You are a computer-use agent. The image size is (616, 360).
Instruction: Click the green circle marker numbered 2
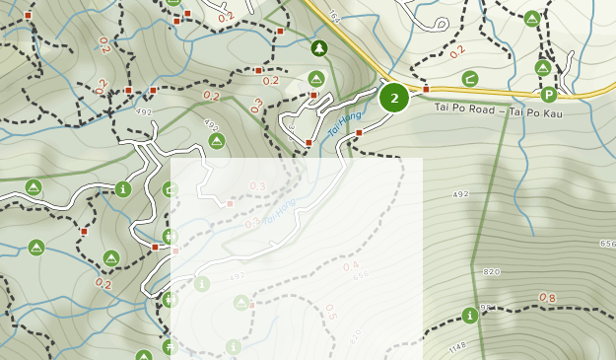click(394, 98)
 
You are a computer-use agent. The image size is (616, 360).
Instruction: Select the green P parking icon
click(549, 95)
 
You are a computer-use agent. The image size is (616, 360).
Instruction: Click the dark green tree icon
click(318, 47)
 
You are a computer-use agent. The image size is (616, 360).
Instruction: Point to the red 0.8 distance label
click(547, 298)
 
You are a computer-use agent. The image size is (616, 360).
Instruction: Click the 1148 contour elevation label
click(455, 346)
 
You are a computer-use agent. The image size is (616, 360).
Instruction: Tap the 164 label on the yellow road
click(333, 17)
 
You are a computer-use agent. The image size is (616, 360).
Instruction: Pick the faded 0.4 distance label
click(351, 266)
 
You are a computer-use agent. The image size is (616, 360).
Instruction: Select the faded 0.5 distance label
click(330, 312)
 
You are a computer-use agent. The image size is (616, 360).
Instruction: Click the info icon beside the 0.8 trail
click(469, 316)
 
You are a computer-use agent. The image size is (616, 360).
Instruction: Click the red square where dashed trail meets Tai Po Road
click(426, 90)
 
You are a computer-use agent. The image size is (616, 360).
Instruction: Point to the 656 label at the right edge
click(606, 244)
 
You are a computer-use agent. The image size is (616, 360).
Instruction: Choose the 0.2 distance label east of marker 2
click(457, 51)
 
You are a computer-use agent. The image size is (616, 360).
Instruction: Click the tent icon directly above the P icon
click(542, 67)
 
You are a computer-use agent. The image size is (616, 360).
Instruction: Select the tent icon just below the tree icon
click(316, 78)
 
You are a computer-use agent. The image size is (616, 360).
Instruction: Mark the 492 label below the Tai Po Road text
click(460, 195)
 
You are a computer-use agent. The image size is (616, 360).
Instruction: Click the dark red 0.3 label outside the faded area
click(257, 106)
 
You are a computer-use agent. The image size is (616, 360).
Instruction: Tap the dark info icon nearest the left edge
click(122, 188)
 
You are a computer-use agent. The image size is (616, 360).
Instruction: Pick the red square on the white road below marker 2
click(359, 132)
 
